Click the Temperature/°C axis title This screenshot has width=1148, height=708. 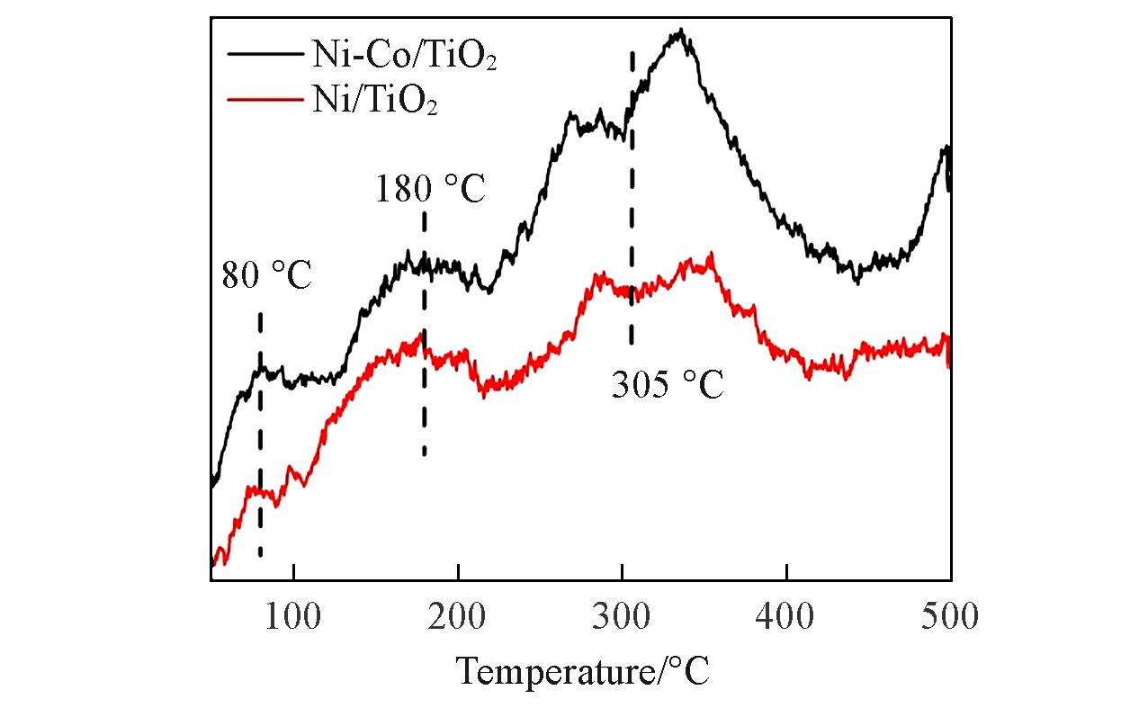click(582, 670)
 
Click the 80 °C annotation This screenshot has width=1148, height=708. click(266, 275)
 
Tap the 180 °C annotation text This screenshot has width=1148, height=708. click(430, 191)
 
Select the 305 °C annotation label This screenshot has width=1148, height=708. click(667, 386)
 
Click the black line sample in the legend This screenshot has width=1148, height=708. click(265, 53)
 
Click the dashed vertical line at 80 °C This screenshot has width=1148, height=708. click(260, 432)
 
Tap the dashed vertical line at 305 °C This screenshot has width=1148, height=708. click(632, 198)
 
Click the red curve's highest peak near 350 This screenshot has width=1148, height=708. click(711, 255)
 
